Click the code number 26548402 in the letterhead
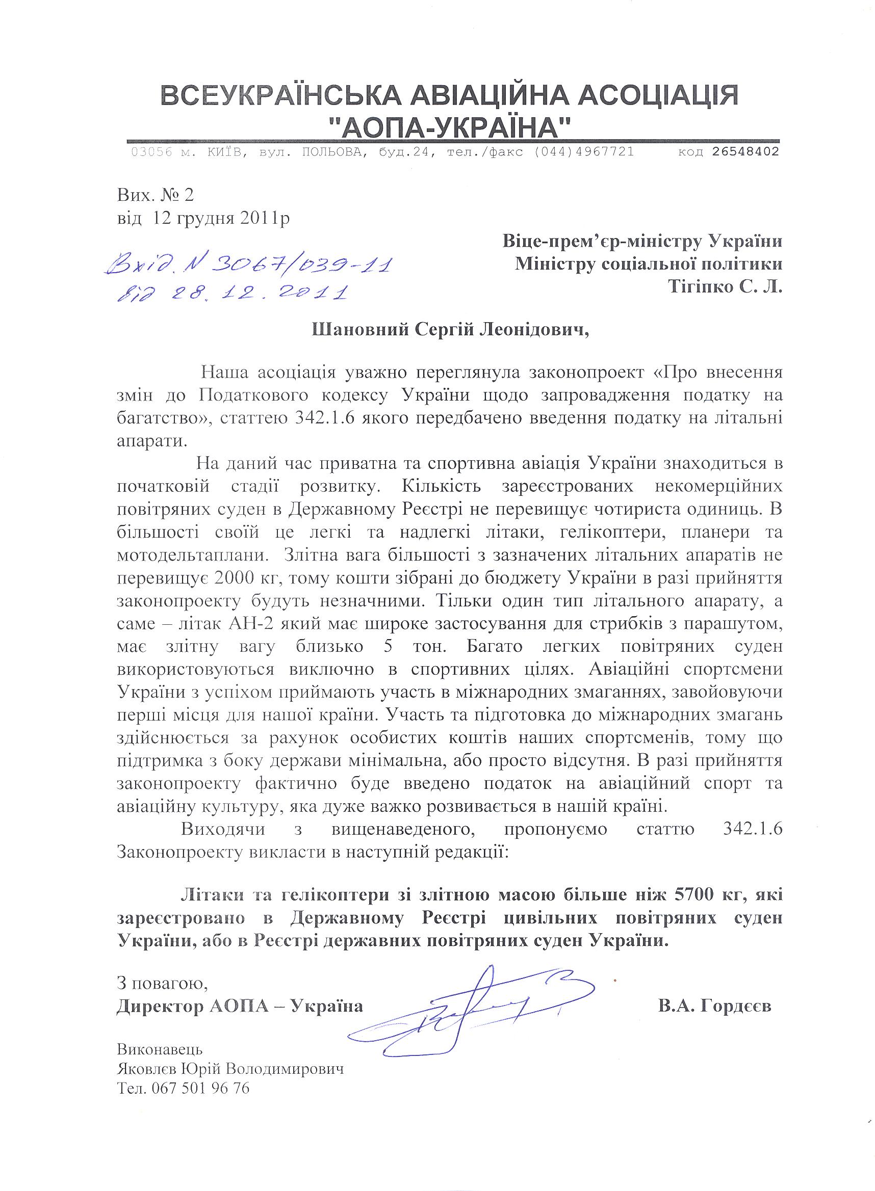point(745,152)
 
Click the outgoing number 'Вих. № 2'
point(156,195)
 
